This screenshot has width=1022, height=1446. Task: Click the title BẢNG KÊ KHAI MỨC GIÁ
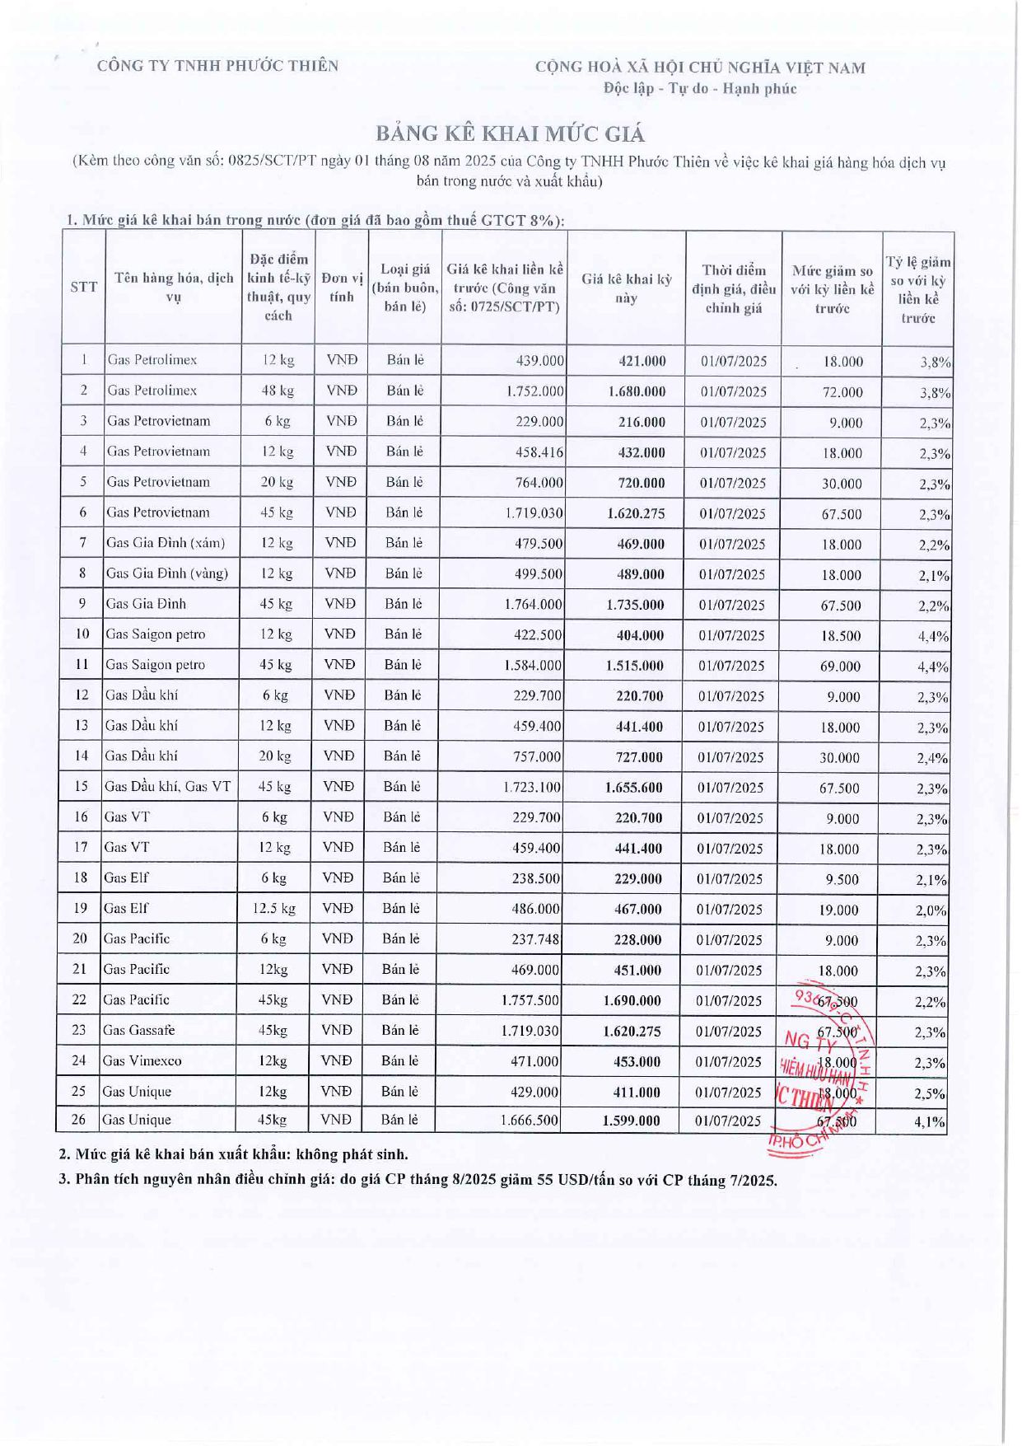511,133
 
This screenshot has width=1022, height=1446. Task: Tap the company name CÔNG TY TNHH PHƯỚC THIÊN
217,66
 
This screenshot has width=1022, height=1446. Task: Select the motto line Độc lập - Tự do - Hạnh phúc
700,89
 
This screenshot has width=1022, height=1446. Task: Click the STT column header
83,287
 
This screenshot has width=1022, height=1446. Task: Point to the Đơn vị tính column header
341,287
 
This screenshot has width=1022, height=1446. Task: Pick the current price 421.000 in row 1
642,361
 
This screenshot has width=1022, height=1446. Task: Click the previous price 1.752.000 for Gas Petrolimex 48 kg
534,391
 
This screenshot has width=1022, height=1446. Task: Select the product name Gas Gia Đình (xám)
166,543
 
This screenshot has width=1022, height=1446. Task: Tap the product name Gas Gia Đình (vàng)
167,573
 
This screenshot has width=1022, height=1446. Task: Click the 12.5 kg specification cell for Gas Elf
274,909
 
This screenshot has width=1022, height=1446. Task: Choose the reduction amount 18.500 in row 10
840,636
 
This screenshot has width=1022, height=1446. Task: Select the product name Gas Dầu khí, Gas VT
167,787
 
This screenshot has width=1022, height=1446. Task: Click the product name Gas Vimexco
142,1061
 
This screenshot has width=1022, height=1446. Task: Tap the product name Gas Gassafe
138,1031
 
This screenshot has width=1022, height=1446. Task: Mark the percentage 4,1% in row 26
930,1122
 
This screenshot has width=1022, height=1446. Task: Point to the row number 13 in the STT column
82,726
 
